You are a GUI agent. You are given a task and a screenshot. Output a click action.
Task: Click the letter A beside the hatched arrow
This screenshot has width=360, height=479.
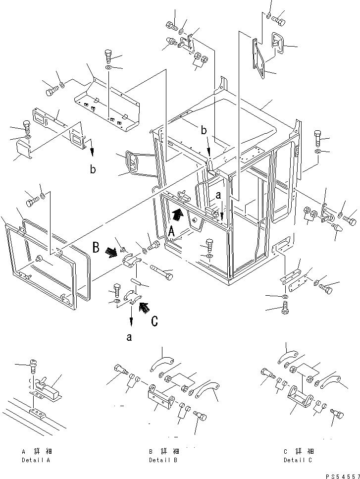pyautogui.click(x=171, y=231)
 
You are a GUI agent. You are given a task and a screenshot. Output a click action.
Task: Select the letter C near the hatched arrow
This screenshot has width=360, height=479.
pyautogui.click(x=155, y=320)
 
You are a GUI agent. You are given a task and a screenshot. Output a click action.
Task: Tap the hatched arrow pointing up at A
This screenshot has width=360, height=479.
pyautogui.click(x=177, y=215)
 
